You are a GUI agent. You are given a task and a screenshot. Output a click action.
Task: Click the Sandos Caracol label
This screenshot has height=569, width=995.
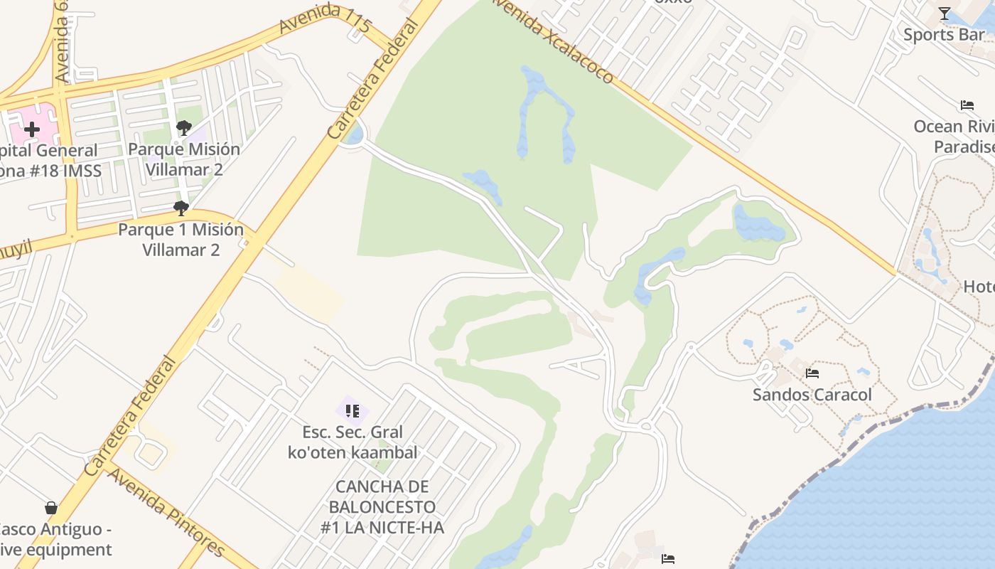tap(812, 395)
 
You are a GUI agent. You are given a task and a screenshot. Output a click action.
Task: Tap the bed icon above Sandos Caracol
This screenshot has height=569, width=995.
tap(812, 373)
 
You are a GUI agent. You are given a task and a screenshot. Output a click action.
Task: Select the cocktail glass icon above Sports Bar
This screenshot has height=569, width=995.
tap(944, 14)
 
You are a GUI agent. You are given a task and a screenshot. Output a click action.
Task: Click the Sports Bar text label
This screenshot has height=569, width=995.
tap(944, 34)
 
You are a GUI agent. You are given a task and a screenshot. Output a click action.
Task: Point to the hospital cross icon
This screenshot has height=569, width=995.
tap(32, 129)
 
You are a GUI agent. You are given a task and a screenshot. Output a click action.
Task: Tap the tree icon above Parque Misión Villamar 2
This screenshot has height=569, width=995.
tap(183, 129)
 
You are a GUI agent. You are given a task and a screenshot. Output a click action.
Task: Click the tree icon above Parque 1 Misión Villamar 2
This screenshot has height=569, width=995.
tap(181, 208)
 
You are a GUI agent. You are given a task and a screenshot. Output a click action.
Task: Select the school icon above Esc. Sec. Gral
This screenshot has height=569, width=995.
tap(352, 411)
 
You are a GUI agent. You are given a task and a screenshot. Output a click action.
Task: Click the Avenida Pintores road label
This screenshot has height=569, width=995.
tap(166, 512)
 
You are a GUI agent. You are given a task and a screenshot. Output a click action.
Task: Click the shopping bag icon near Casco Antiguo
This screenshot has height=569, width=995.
tap(51, 508)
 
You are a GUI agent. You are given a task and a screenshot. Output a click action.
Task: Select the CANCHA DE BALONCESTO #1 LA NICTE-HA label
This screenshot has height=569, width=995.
tap(382, 507)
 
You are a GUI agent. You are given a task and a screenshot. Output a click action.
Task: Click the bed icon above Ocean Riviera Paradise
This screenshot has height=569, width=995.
tap(967, 105)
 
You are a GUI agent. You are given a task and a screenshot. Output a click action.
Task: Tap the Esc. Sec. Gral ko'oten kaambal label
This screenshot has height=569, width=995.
tap(353, 442)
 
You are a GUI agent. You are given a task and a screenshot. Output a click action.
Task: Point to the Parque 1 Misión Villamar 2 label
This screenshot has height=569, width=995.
tap(181, 240)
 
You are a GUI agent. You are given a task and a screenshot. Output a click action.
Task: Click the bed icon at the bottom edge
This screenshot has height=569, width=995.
tap(667, 559)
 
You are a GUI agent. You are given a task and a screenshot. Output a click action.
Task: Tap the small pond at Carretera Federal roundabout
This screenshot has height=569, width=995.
tap(353, 134)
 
